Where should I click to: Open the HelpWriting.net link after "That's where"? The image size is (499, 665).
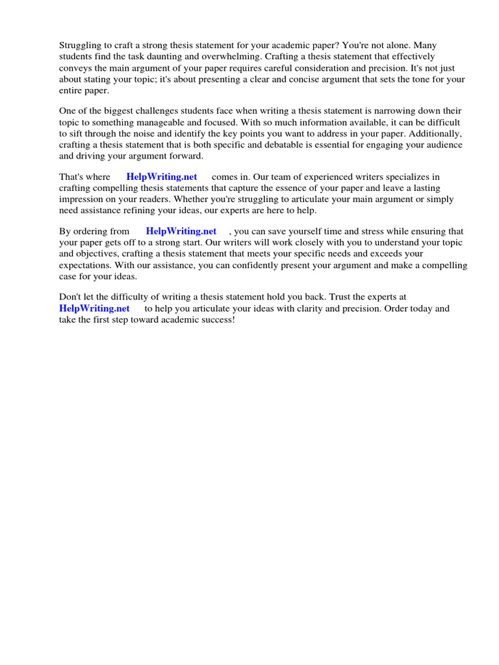[x=162, y=177]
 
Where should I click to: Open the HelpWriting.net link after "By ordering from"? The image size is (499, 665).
[x=181, y=232]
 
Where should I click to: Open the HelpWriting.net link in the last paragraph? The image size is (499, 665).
[x=94, y=309]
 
